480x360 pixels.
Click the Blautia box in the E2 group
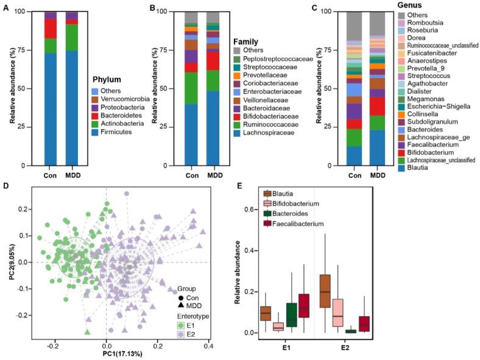coord(324,291)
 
